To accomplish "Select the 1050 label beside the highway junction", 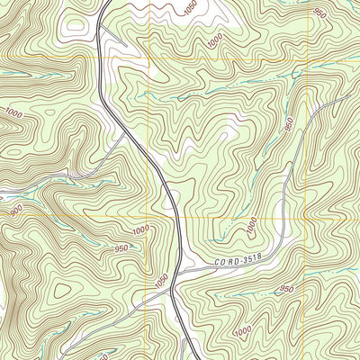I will click(x=161, y=282).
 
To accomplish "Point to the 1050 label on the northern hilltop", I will click(x=190, y=7).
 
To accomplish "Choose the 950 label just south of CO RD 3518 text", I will click(x=286, y=289).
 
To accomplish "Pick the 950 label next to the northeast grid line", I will click(x=319, y=13).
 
